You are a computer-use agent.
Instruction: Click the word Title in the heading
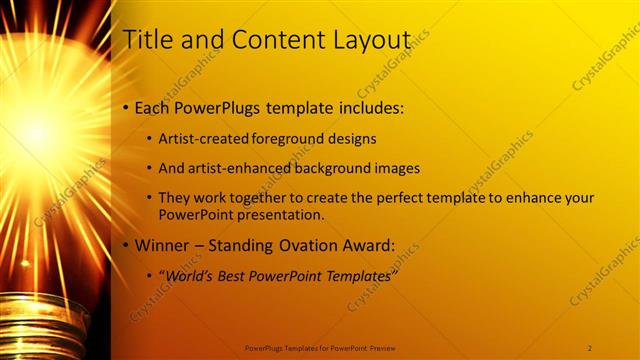coord(146,41)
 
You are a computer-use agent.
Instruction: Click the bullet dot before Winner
coord(125,246)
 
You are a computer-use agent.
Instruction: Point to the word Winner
coord(162,246)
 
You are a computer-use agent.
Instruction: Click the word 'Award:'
coord(367,246)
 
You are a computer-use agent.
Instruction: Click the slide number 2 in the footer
coord(590,348)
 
